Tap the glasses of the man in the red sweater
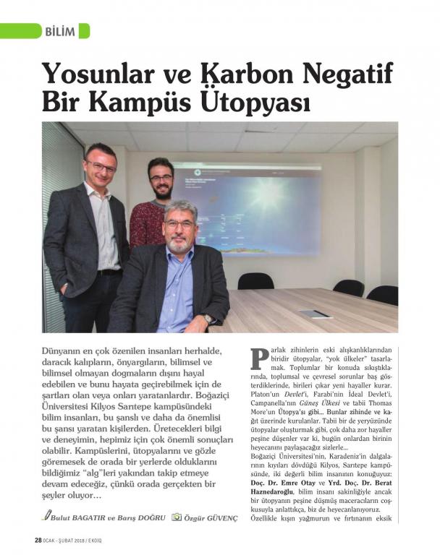coord(161,178)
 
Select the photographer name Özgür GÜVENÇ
coord(211,517)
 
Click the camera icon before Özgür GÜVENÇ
coord(176,517)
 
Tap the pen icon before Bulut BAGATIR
coord(47,517)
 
